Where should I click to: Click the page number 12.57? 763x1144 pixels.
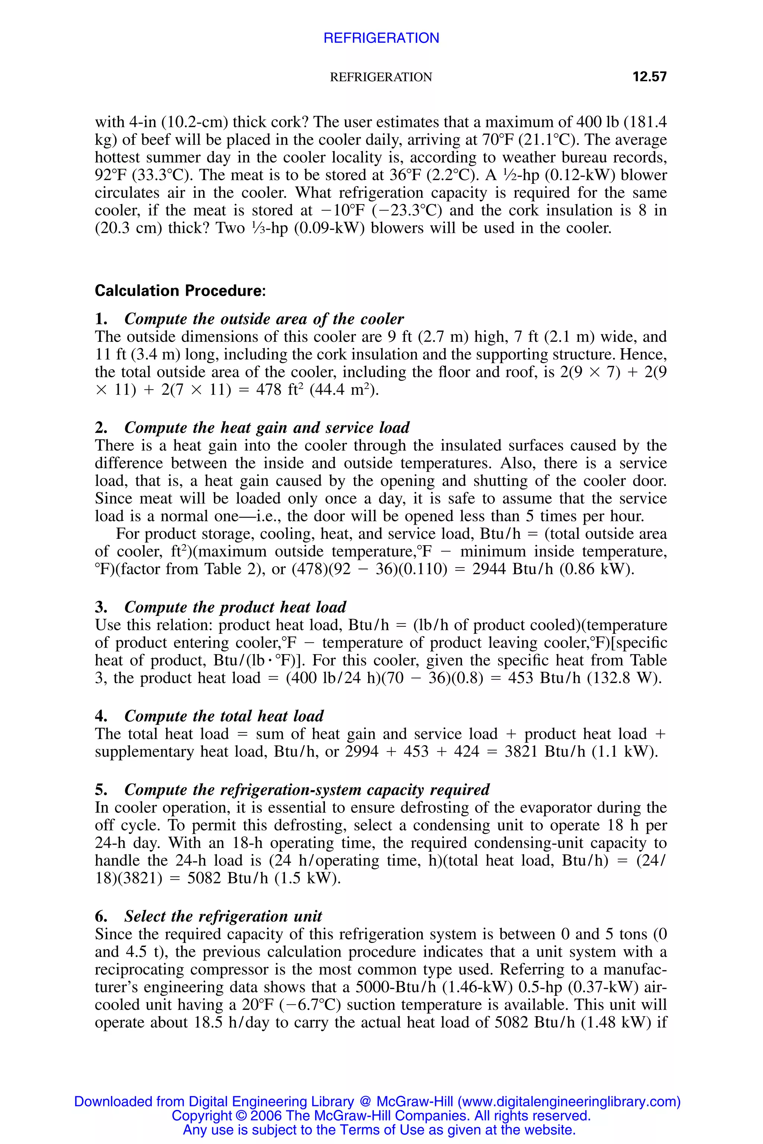(649, 77)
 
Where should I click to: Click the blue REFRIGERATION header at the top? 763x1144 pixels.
(381, 38)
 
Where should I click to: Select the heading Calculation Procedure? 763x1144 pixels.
(180, 290)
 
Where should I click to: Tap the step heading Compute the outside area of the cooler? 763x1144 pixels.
(264, 319)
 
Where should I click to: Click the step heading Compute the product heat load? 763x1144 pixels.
(235, 607)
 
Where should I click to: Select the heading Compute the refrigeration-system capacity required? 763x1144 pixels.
(307, 789)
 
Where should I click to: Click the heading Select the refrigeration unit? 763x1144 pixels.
(223, 916)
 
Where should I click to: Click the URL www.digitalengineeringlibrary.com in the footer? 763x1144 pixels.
(569, 1102)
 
